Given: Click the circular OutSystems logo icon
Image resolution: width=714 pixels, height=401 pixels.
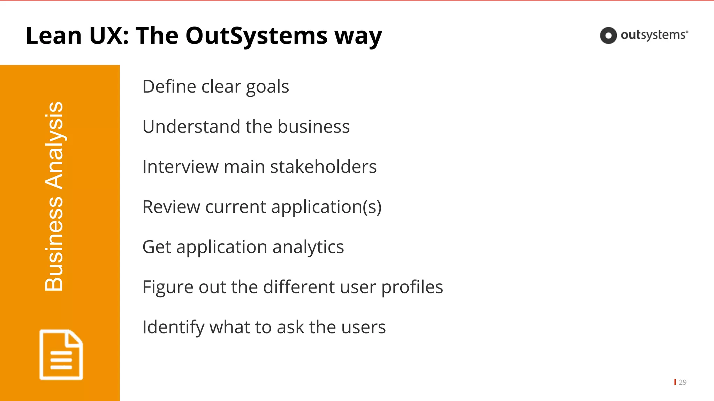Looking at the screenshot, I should (608, 36).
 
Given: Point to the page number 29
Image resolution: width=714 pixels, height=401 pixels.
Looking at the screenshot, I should (683, 382).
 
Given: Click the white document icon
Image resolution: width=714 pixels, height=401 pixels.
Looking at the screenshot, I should (61, 354).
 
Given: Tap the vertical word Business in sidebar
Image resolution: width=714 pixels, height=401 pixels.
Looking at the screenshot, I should (54, 244).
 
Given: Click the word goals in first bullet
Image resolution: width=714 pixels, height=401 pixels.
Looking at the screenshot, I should (267, 87).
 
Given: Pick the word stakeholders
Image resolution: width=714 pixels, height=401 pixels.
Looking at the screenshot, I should (323, 167).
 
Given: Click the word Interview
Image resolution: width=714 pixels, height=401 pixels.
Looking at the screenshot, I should (180, 167).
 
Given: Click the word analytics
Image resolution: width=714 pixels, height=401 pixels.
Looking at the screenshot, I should (308, 247).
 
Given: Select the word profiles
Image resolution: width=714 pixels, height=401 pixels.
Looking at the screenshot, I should (412, 288).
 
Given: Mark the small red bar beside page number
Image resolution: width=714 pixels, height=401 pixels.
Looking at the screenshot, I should (675, 382).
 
